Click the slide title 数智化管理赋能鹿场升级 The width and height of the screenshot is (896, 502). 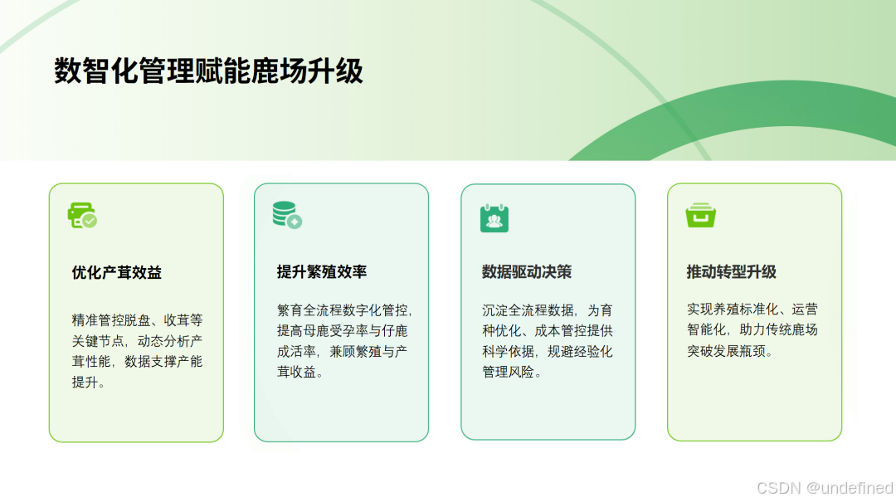click(208, 72)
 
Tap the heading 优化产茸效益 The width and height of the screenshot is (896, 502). click(117, 272)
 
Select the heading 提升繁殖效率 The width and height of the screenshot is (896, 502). click(322, 272)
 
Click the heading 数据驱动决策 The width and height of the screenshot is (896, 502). click(527, 272)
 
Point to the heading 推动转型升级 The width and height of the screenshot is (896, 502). click(732, 272)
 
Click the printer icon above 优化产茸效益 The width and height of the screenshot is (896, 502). click(82, 216)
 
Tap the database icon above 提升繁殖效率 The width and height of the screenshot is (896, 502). click(287, 215)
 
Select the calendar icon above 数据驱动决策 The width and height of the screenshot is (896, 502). click(494, 217)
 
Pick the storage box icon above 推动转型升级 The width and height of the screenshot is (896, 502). click(701, 216)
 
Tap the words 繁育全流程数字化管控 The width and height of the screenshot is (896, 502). click(343, 310)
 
